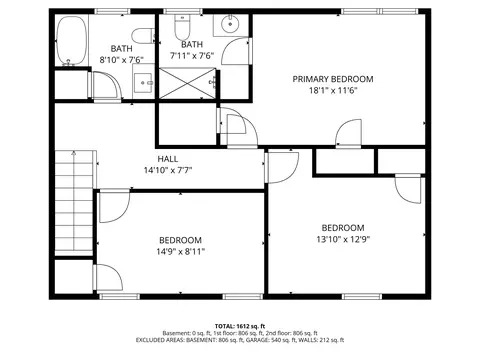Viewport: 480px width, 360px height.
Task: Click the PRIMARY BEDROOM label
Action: [x=333, y=79]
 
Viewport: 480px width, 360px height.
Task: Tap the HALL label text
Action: [x=168, y=159]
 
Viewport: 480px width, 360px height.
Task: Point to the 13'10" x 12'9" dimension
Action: [x=343, y=239]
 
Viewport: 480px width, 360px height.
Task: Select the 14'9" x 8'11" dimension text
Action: [x=180, y=251]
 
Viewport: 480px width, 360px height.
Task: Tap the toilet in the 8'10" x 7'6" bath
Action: [x=143, y=36]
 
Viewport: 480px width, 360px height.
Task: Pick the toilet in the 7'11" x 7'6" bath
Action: [x=182, y=28]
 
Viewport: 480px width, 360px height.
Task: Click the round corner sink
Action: [x=230, y=24]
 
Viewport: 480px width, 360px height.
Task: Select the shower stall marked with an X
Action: [x=187, y=83]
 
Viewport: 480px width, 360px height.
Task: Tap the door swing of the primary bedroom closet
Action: [x=349, y=133]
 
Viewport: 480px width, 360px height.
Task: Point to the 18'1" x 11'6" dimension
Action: [x=333, y=90]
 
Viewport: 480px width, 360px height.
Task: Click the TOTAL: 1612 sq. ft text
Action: [x=240, y=326]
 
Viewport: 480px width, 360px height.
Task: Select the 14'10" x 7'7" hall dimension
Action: [x=168, y=170]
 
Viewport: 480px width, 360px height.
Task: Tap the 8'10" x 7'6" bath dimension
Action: [x=121, y=60]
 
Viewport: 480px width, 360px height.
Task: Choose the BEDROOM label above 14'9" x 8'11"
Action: [x=180, y=240]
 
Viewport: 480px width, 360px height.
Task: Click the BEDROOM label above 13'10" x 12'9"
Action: [x=343, y=228]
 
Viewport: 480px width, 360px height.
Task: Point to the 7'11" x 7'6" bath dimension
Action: [x=192, y=55]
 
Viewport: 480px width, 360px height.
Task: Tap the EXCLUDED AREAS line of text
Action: [x=240, y=340]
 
